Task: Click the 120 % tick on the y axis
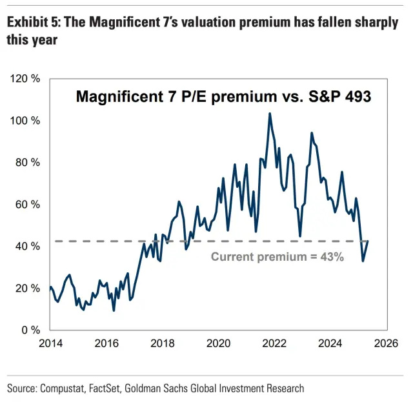26,79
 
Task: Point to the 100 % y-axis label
26,121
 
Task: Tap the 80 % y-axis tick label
28,163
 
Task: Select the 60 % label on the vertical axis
28,205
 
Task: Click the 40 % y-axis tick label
28,246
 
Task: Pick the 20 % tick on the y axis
28,288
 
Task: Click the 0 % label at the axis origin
30,330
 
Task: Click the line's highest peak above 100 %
270,114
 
